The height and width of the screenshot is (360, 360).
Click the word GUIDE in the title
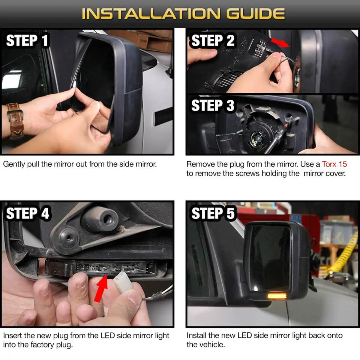coord(255,13)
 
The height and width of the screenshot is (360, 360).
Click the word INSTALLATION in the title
coord(151,13)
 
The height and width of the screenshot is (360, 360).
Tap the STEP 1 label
coord(27,40)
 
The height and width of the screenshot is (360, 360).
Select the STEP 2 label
coord(213,40)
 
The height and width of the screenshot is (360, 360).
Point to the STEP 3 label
coord(213,105)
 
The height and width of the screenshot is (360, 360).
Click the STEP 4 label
coord(28,213)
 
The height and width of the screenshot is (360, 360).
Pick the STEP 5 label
coord(213,213)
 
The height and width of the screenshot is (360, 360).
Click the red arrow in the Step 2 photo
coord(280,43)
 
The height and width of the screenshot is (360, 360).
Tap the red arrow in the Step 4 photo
coord(101,288)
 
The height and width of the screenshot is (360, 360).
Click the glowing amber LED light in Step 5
coord(277,296)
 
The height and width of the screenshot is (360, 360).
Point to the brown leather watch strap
coord(15,121)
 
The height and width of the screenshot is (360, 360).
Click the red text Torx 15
coord(334,164)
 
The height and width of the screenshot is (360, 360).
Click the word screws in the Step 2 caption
coord(247,174)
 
